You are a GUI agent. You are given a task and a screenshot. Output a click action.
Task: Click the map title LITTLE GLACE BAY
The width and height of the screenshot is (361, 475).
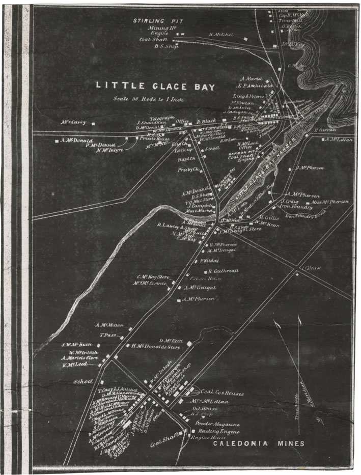tap(155, 87)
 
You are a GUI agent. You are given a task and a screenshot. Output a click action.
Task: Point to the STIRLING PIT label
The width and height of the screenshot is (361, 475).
tap(156, 21)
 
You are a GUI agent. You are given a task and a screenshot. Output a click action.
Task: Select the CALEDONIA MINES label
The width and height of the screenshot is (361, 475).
tap(259, 443)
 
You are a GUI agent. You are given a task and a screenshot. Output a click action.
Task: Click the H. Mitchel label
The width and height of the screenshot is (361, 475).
tap(221, 35)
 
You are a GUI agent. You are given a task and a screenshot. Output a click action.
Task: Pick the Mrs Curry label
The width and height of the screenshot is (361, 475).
tap(73, 122)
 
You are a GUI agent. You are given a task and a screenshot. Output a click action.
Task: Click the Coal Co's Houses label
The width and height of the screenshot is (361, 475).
tap(222, 394)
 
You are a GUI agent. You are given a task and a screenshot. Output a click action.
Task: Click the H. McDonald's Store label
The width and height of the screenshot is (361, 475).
tap(156, 347)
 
